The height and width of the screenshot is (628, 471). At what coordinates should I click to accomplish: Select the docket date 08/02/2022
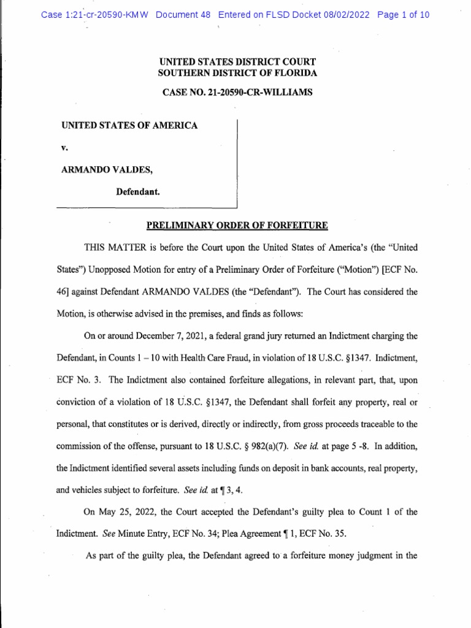pos(346,15)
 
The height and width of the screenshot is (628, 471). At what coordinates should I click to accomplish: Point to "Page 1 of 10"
pos(404,15)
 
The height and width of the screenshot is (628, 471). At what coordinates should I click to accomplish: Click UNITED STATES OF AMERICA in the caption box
pos(129,126)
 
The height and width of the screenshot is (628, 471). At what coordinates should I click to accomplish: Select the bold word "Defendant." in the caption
pos(139,191)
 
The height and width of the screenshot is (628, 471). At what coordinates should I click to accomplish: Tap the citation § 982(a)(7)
pos(253,445)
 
